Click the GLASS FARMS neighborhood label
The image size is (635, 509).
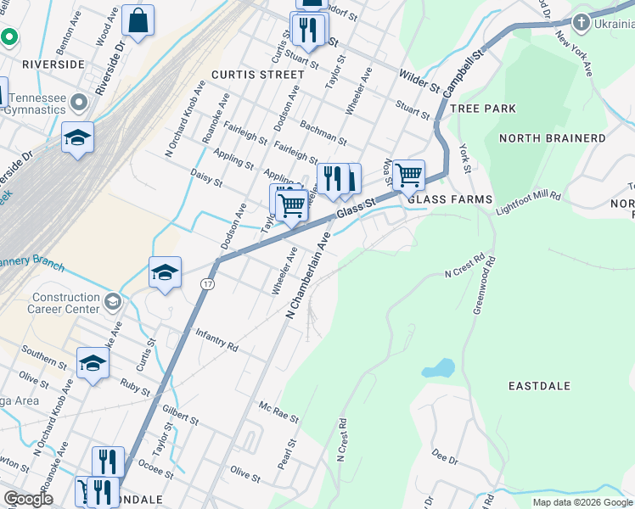click(449, 199)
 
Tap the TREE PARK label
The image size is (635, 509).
click(483, 109)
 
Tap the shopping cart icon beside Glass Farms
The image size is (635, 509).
click(408, 175)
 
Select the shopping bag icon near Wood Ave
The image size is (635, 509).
click(138, 21)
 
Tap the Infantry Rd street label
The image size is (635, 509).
click(216, 341)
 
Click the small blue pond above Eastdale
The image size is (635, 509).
click(436, 368)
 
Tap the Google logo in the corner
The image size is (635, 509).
click(28, 499)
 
